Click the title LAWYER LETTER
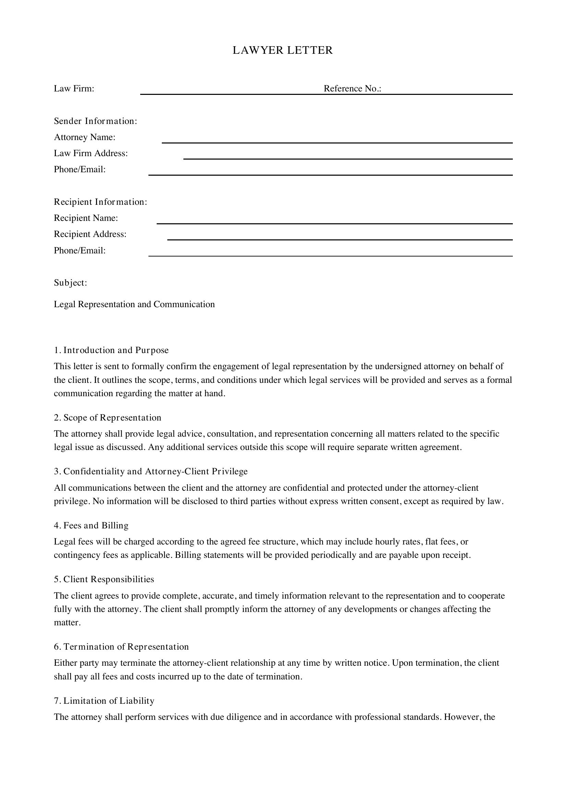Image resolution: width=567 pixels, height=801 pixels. tap(283, 50)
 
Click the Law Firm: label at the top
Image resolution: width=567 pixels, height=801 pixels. tap(74, 89)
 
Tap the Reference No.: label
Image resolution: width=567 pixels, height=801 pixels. tap(352, 89)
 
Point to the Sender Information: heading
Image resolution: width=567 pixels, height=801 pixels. tap(95, 121)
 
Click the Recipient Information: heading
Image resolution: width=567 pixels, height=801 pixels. tap(100, 202)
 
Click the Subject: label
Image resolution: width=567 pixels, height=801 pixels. tap(70, 283)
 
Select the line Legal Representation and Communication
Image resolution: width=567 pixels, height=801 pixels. tap(134, 304)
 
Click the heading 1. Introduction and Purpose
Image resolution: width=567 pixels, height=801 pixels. tap(111, 350)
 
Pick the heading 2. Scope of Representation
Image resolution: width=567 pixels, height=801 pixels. tap(108, 417)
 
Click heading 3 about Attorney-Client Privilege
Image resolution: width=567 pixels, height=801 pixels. tap(150, 471)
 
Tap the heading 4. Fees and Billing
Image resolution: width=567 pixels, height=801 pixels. tap(91, 525)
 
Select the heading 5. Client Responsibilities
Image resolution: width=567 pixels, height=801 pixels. tap(104, 579)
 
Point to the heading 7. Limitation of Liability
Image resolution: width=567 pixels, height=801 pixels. tap(104, 701)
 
